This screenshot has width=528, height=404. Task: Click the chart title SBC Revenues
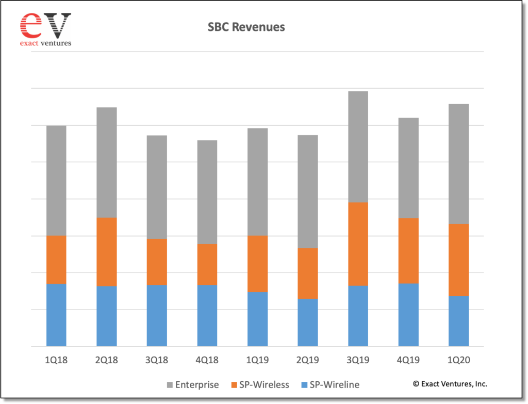coord(246,27)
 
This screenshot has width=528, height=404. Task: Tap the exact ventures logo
coord(45,29)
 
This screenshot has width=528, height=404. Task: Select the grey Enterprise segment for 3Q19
coord(358,147)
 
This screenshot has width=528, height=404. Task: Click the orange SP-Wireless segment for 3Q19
coord(358,244)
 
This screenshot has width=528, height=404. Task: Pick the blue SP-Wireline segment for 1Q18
coord(56,315)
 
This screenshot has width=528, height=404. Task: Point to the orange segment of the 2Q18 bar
coord(107,252)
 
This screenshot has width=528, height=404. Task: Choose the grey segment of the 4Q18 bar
coord(207,192)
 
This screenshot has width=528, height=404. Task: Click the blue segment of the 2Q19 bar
coord(308,323)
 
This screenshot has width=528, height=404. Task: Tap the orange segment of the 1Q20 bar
coord(458,260)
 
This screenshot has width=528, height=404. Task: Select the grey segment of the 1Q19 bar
coord(258,182)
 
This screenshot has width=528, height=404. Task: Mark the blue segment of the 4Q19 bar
coord(408,315)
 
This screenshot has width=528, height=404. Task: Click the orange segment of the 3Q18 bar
coord(157,262)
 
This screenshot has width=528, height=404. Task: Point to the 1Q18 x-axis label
coord(56,360)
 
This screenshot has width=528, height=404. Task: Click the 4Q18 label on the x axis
coord(207,360)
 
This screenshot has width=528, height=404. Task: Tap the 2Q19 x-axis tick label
coord(308,360)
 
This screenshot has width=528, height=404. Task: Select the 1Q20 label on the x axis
coord(458,360)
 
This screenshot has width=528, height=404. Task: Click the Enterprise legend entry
coord(193,385)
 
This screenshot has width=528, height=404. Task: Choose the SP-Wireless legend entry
coord(260,385)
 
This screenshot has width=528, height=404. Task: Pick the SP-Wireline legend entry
coord(331,385)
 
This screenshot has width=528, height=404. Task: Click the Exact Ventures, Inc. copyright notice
coord(450,384)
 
